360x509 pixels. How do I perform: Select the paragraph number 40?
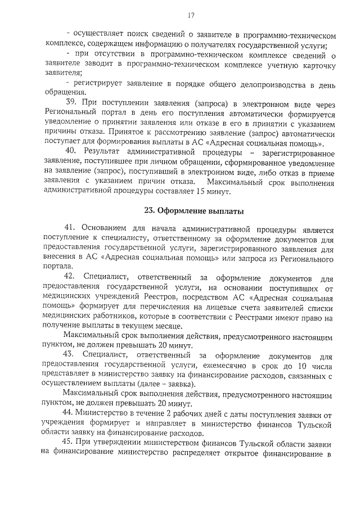click(70, 152)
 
